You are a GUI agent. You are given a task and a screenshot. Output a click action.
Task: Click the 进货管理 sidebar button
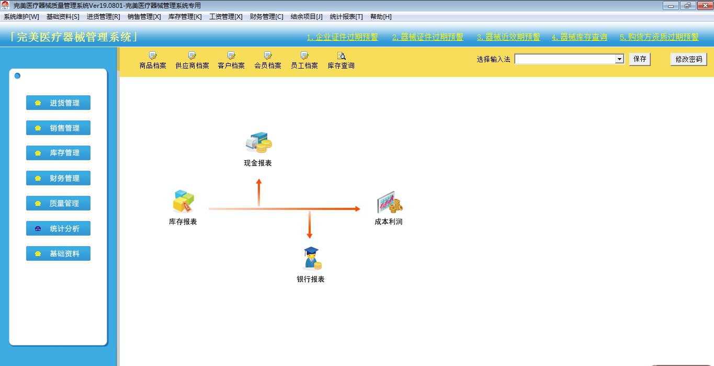58,103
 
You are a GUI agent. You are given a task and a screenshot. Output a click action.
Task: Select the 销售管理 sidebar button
58,128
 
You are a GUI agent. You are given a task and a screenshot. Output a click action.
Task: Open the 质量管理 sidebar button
58,204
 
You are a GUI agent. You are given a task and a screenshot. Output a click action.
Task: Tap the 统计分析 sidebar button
58,229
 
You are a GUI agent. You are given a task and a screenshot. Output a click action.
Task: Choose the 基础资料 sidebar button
58,254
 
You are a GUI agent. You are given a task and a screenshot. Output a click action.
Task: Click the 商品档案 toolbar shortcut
153,60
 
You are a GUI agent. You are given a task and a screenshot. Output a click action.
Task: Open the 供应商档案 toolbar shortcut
192,60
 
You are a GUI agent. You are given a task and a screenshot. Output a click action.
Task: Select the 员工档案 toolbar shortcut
304,60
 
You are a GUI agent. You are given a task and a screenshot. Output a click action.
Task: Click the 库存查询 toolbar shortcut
341,60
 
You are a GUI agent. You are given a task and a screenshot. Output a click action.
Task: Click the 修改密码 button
688,59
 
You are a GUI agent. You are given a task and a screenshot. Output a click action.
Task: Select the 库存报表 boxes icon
183,202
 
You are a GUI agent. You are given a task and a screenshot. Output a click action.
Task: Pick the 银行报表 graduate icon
311,258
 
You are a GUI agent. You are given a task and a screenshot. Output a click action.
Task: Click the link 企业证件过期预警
342,37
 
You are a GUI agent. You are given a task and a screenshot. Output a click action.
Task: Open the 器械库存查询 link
579,37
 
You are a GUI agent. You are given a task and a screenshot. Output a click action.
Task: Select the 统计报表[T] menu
346,17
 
